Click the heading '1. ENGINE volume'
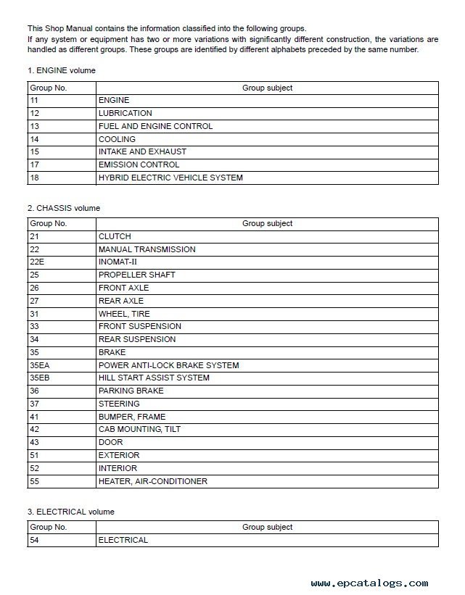click(62, 71)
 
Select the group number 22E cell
click(37, 262)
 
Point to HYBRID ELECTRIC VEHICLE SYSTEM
click(170, 178)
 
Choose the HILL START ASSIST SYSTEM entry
click(154, 378)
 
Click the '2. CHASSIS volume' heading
click(64, 208)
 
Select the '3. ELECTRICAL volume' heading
click(70, 512)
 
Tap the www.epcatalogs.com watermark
click(369, 583)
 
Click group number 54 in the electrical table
click(35, 540)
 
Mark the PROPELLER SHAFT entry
click(136, 275)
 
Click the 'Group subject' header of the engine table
click(267, 88)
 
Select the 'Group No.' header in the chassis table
click(48, 224)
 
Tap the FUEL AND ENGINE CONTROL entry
click(155, 126)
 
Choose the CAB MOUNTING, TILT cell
click(139, 429)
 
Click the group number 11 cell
click(34, 100)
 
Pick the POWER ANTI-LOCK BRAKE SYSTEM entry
click(168, 365)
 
